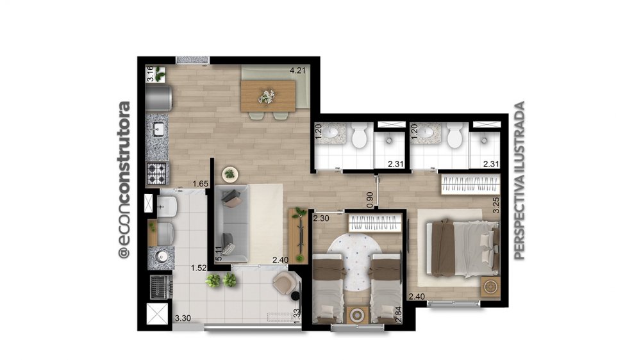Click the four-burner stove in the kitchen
(x=157, y=173)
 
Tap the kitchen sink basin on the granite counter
(x=158, y=129)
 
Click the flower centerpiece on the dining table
(x=267, y=97)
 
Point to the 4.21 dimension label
(x=297, y=70)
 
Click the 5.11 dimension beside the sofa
(x=219, y=254)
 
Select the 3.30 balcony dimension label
(x=183, y=318)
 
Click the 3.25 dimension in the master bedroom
(x=496, y=205)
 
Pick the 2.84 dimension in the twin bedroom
(x=399, y=315)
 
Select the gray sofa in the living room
(x=231, y=224)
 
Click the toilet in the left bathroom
(x=360, y=136)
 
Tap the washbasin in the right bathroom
(x=427, y=133)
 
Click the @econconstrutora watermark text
(x=124, y=180)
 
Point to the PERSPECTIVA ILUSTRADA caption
(x=519, y=181)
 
